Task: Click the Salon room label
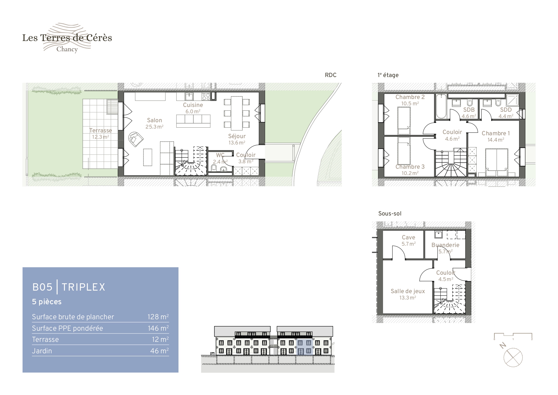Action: (x=155, y=120)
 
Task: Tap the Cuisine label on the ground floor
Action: (x=193, y=105)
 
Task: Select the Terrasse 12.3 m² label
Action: (x=101, y=134)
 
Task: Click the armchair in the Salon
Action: (x=136, y=139)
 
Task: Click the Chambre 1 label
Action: (x=496, y=133)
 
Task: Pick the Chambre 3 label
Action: (x=410, y=167)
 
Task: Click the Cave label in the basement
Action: (x=408, y=237)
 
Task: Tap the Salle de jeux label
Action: (x=408, y=291)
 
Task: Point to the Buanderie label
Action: (x=445, y=245)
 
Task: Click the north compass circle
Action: (x=513, y=357)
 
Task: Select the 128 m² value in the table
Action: (x=158, y=317)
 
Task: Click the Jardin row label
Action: (x=42, y=351)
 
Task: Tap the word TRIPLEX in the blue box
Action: (x=83, y=287)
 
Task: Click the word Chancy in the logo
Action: (x=67, y=49)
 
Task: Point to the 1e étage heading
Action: (x=388, y=75)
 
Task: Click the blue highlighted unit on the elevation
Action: (x=304, y=347)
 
